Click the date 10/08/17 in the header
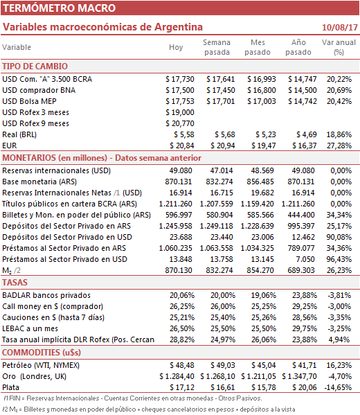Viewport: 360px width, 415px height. (x=340, y=28)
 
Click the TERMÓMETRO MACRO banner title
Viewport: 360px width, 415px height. (x=60, y=8)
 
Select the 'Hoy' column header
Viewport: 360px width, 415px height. (x=176, y=47)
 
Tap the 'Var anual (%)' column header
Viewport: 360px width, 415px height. (x=339, y=47)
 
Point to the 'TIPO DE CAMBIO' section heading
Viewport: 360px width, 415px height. (x=35, y=67)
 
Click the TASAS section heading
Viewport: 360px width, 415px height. (x=15, y=283)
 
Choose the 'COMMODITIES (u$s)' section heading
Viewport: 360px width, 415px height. (x=42, y=353)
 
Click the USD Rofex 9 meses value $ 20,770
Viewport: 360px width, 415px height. (x=180, y=123)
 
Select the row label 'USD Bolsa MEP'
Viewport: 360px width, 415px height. (x=29, y=101)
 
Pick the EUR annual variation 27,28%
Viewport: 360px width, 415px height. (x=339, y=145)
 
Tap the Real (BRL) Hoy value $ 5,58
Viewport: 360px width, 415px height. (x=184, y=134)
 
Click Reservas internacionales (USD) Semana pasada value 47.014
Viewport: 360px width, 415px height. (x=222, y=170)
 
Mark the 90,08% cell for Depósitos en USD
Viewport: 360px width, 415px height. (x=339, y=237)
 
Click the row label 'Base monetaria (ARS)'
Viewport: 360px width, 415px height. (x=39, y=182)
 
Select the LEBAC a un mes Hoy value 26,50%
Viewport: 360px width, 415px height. (x=182, y=328)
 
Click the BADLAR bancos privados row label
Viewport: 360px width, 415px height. (x=46, y=295)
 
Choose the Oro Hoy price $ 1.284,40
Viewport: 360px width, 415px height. (x=177, y=376)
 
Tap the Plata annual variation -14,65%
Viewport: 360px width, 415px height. (x=338, y=387)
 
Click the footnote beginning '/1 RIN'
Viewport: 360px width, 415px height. (x=133, y=398)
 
